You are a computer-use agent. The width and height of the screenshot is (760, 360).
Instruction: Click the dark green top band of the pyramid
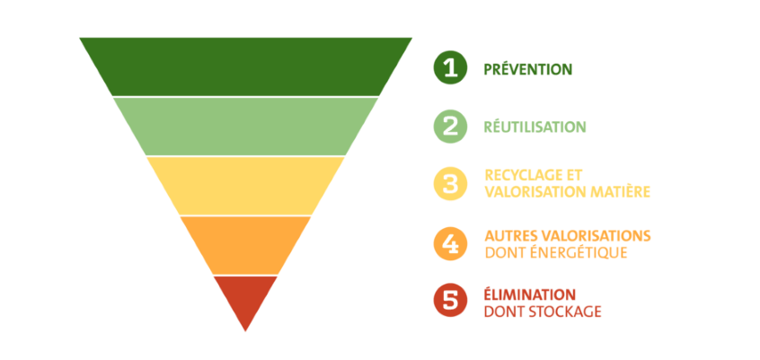[x=245, y=66]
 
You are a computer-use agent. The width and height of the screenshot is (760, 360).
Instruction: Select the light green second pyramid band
[x=245, y=126]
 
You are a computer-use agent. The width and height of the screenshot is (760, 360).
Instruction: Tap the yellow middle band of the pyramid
[x=245, y=185]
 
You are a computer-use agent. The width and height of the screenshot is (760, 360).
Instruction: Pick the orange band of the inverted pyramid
[x=245, y=244]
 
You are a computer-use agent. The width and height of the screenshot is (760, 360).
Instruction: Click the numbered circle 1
[x=450, y=67]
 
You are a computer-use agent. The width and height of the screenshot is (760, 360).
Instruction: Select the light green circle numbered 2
[x=450, y=126]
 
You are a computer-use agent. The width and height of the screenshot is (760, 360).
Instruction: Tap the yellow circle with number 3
[x=450, y=183]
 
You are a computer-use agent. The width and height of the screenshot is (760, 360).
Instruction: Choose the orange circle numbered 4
[x=450, y=242]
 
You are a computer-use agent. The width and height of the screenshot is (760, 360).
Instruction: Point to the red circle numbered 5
[x=450, y=301]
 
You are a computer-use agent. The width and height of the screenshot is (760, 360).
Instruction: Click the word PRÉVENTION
[x=527, y=68]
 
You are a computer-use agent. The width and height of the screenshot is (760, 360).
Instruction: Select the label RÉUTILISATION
[x=535, y=127]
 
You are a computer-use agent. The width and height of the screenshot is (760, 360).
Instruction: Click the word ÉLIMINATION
[x=529, y=294]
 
